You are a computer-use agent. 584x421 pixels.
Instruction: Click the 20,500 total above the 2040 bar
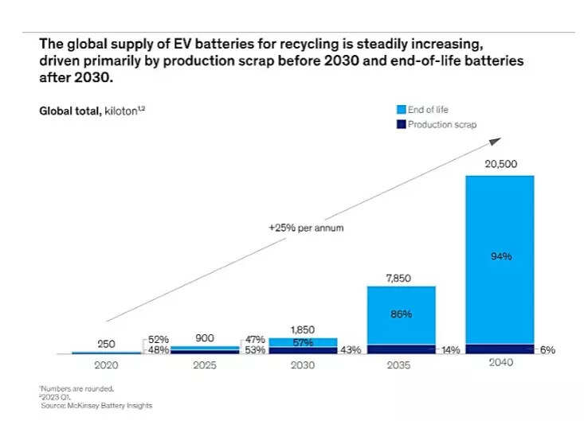pyautogui.click(x=500, y=163)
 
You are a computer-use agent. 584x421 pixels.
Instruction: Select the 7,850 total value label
pyautogui.click(x=401, y=275)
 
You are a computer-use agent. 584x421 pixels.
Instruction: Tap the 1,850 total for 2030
pyautogui.click(x=302, y=328)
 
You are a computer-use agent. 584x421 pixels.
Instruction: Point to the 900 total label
pyautogui.click(x=205, y=337)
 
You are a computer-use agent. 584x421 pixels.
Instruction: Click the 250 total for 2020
pyautogui.click(x=105, y=344)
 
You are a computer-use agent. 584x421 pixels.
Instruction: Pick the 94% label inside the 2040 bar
pyautogui.click(x=500, y=256)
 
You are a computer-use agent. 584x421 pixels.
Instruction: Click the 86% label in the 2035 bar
pyautogui.click(x=401, y=314)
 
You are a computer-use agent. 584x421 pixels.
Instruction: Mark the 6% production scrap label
pyautogui.click(x=547, y=350)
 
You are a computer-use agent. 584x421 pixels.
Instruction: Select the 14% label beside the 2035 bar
pyautogui.click(x=450, y=350)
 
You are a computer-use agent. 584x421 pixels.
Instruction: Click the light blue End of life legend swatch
pyautogui.click(x=401, y=110)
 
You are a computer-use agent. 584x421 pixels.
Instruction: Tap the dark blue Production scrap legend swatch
pyautogui.click(x=401, y=125)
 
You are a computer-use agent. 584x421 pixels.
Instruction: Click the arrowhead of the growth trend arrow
pyautogui.click(x=496, y=140)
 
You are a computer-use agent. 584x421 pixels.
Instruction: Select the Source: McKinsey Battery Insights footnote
pyautogui.click(x=96, y=405)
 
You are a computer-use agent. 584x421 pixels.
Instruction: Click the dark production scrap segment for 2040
pyautogui.click(x=500, y=349)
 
